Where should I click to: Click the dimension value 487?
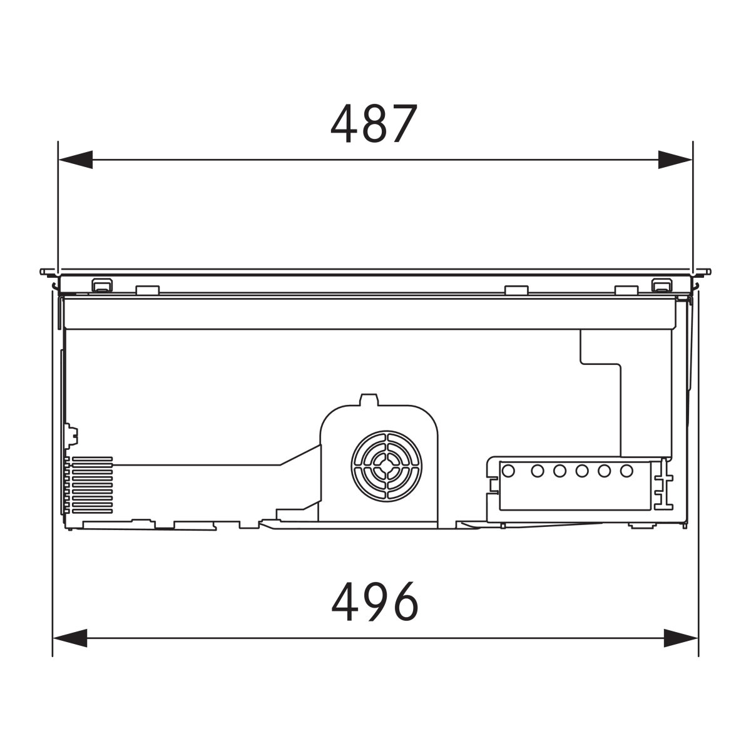[374, 124]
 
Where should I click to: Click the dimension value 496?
[375, 601]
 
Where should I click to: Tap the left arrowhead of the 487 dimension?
[75, 160]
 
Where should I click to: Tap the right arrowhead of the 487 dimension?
[675, 160]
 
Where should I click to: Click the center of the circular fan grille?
[386, 466]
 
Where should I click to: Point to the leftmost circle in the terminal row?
[508, 471]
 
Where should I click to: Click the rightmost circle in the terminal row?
[626, 471]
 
